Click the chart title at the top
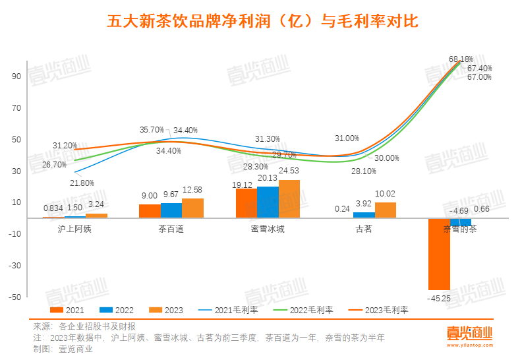coord(262,22)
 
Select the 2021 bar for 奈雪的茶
coord(439,254)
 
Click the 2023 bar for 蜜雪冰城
coord(289,198)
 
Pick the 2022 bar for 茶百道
coord(171,210)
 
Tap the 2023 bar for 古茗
coord(386,210)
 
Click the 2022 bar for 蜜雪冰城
coord(268,202)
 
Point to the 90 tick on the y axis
coord(14,76)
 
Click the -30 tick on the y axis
coord(13,265)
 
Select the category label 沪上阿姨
coord(75,229)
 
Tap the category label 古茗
coord(364,229)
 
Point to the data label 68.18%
coord(461,59)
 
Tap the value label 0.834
coord(53,208)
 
